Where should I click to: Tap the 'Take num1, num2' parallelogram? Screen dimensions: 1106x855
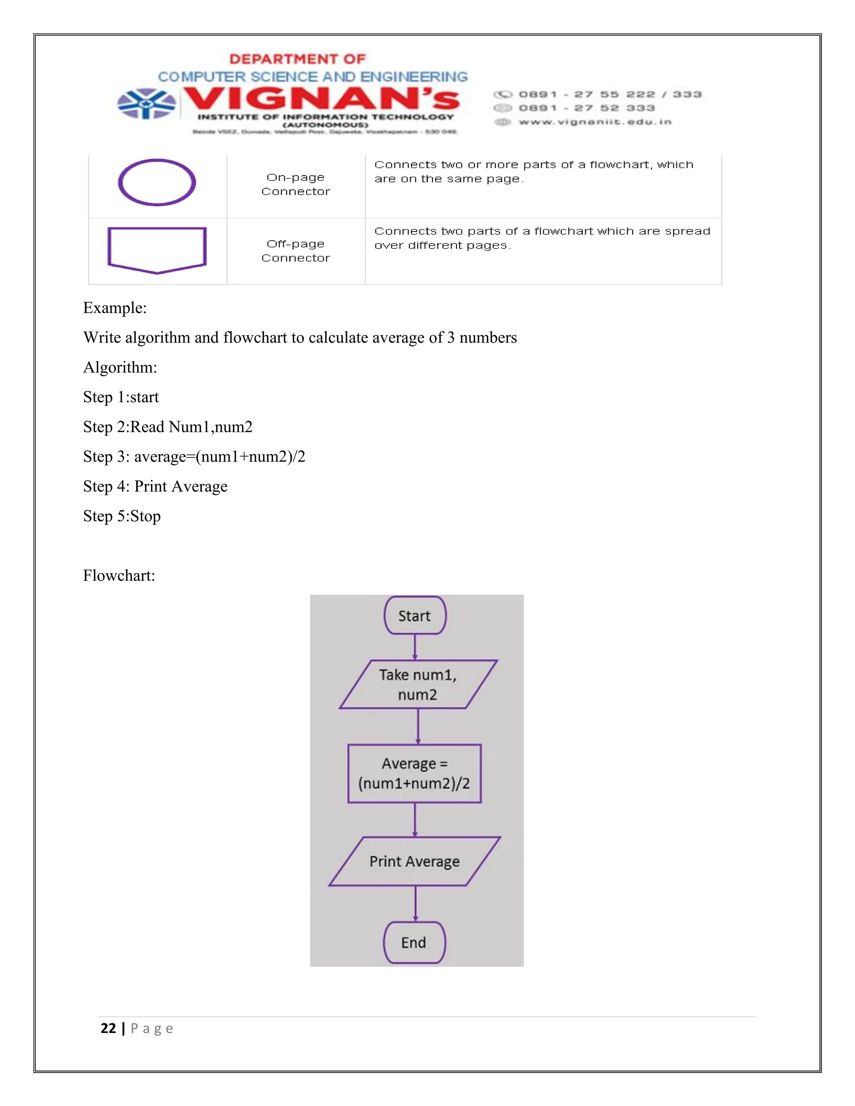tap(418, 684)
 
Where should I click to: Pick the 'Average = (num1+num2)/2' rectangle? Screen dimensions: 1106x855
tap(414, 773)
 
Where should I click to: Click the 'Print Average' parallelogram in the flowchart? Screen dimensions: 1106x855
tap(414, 861)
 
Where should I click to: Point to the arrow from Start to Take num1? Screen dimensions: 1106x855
tap(415, 646)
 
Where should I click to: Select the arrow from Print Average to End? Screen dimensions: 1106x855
tap(415, 904)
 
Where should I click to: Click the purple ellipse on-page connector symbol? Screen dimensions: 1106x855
tap(157, 182)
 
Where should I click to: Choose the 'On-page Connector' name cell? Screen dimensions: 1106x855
tap(296, 184)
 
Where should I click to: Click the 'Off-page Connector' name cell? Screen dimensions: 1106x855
tap(296, 251)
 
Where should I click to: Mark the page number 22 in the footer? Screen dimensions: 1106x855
tap(109, 1028)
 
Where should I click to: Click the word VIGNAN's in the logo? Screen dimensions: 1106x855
tap(321, 99)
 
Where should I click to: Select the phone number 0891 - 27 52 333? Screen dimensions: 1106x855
tap(587, 108)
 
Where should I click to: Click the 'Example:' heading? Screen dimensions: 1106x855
tap(115, 308)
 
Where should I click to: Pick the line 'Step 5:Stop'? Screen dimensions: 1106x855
tap(122, 516)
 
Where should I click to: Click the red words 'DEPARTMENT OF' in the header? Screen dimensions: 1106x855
tap(297, 59)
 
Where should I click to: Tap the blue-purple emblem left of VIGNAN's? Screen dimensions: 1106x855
tap(147, 104)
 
